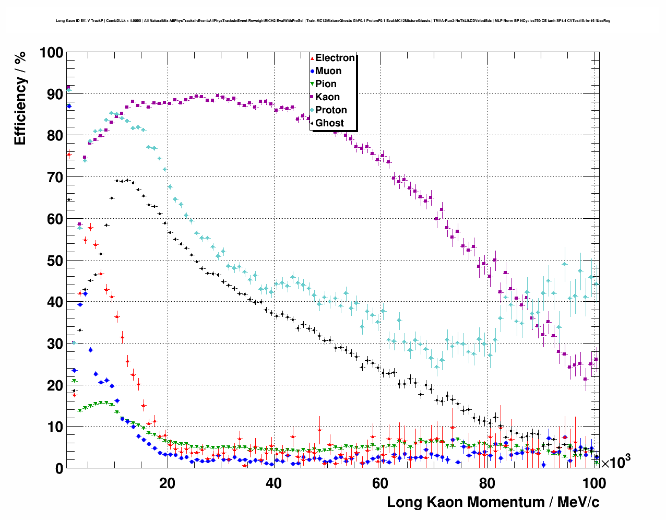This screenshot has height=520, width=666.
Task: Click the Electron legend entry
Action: coord(335,58)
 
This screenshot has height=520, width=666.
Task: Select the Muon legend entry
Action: coord(328,71)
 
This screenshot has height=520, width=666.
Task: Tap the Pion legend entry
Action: coord(326,84)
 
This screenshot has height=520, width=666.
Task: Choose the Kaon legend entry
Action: coord(327,97)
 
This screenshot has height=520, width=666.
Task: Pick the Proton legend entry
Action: coord(331,110)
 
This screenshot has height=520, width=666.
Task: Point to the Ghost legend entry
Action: coord(329,123)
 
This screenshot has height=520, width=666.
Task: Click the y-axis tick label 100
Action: coord(51,53)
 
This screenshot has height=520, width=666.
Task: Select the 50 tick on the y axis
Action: coord(55,261)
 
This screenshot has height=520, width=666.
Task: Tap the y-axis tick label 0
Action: coord(59,468)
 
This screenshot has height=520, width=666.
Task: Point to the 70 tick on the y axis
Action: coord(55,178)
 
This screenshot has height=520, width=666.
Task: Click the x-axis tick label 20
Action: coord(167,483)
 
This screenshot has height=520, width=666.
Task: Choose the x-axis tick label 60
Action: coord(380,483)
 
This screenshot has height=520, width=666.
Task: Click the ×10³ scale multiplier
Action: coord(615,462)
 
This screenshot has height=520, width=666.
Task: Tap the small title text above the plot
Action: coord(333,21)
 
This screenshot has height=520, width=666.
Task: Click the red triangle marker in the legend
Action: coord(312,58)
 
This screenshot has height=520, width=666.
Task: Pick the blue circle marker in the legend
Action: coord(312,71)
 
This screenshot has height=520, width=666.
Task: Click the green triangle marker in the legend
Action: coord(312,84)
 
